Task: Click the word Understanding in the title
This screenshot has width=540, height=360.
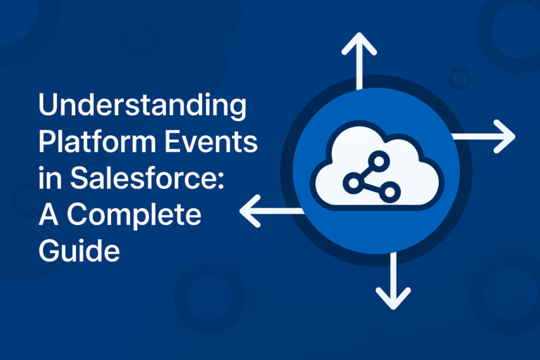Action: point(143,108)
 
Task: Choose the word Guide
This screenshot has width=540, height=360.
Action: point(79,250)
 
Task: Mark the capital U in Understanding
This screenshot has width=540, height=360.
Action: point(49,108)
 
